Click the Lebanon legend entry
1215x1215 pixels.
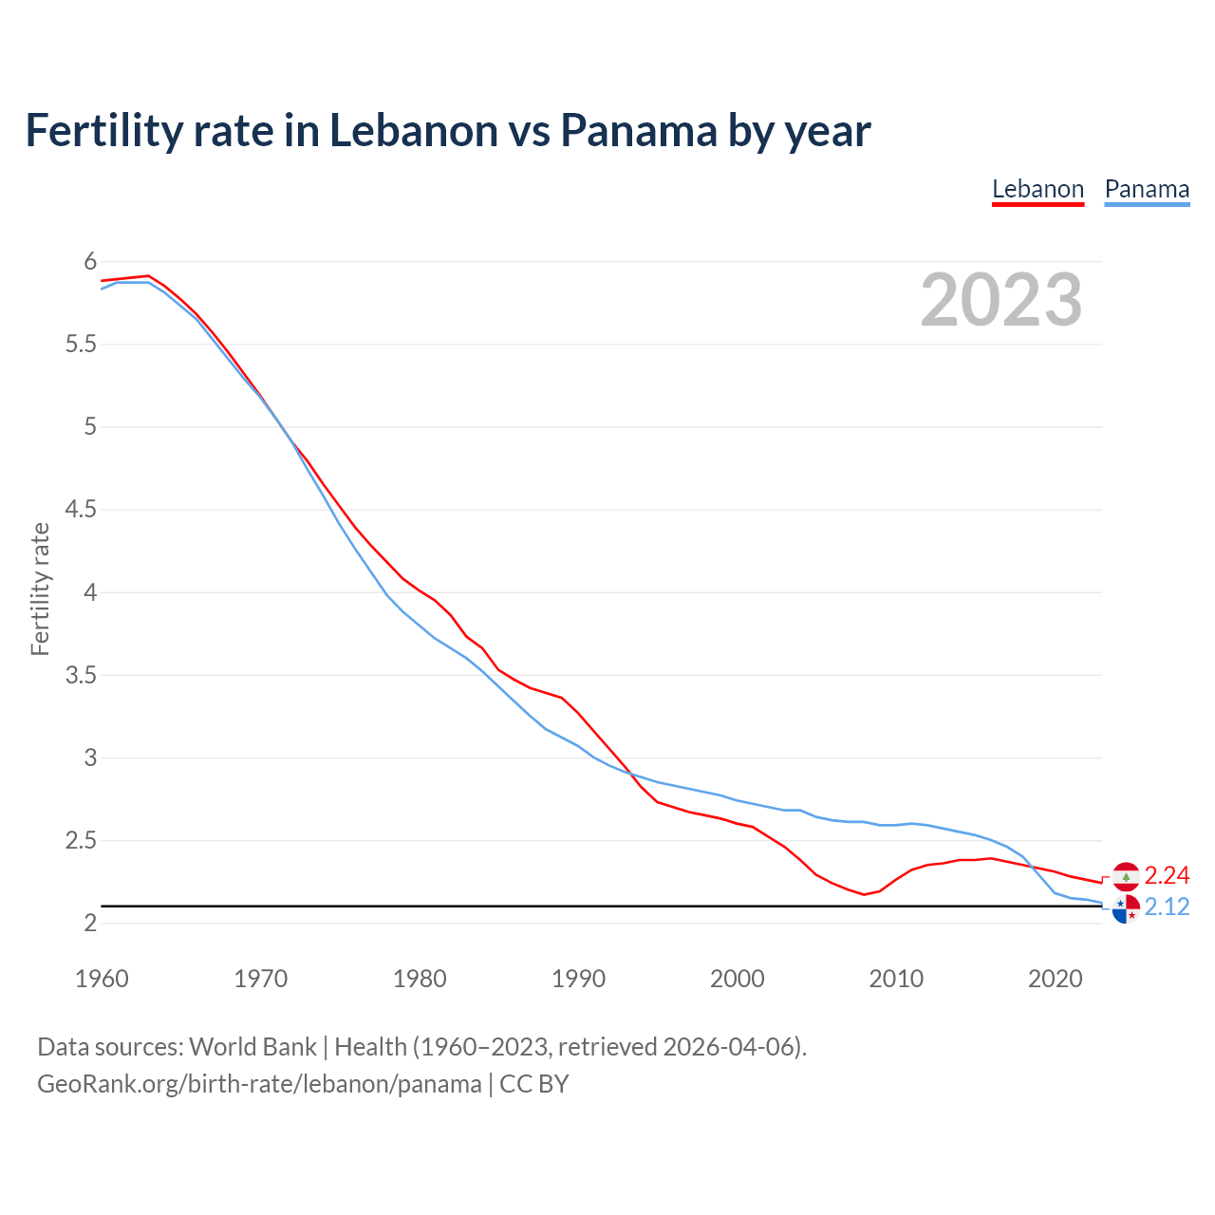1037,189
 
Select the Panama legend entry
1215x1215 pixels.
1147,189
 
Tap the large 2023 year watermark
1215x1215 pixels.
1000,300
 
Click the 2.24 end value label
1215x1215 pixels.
1167,875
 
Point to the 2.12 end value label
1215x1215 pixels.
1167,907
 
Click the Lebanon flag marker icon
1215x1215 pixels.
1126,876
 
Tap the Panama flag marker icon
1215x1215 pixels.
1126,908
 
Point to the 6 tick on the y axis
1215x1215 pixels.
90,261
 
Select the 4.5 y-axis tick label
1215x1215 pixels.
81,510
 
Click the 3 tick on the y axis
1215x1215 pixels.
90,757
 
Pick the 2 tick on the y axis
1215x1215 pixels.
90,924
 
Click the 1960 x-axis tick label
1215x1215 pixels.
102,979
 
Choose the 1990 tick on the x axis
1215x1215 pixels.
578,979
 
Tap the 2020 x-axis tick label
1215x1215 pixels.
1055,979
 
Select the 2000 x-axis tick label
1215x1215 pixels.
737,979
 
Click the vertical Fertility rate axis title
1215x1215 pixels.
40,589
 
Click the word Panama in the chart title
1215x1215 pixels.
638,131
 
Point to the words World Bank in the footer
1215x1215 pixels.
252,1047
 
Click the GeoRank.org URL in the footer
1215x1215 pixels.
259,1084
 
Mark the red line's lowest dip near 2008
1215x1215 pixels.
864,894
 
